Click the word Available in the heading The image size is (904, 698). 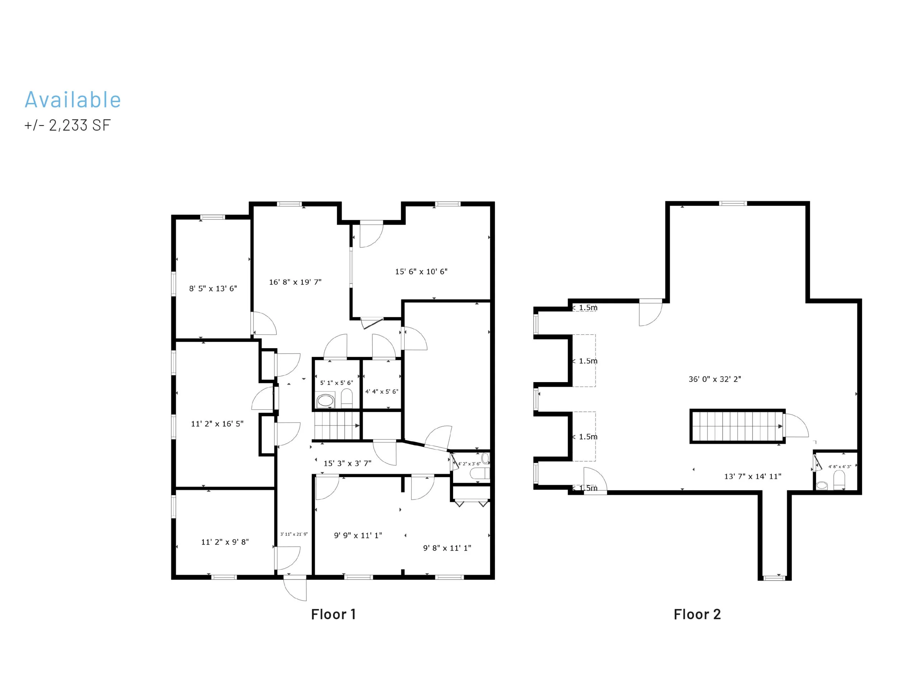[73, 100]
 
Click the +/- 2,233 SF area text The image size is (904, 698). [67, 125]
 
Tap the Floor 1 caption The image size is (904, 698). [333, 614]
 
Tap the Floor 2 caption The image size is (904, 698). [697, 614]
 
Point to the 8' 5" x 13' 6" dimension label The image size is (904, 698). [213, 288]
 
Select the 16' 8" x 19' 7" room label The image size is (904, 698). [295, 282]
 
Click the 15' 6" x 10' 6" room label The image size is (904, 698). [421, 272]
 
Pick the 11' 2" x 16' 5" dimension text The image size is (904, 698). [217, 424]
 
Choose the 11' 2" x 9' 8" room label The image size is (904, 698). [225, 542]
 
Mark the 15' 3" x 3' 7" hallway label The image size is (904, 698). [347, 464]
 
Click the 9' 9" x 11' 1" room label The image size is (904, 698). [358, 535]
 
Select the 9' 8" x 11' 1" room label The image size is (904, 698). [447, 548]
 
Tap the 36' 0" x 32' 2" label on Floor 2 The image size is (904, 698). [715, 379]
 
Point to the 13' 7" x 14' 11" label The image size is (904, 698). [753, 476]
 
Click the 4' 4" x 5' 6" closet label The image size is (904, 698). [381, 391]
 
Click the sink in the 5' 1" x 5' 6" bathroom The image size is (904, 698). [325, 400]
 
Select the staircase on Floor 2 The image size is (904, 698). [737, 426]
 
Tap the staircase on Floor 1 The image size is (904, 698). [336, 425]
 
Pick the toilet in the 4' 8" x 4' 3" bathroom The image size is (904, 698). [839, 480]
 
